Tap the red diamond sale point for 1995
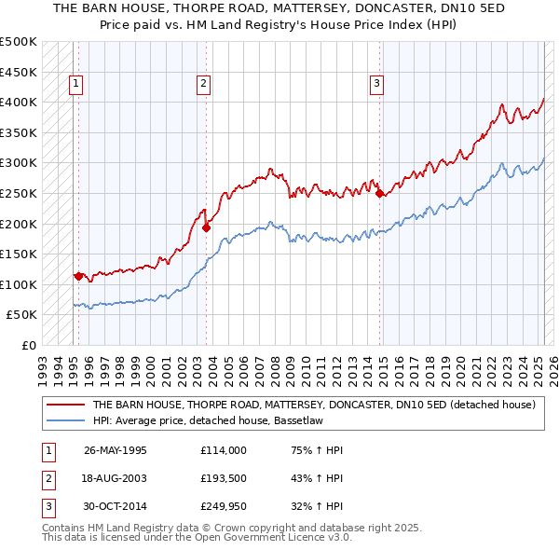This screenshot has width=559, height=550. [78, 276]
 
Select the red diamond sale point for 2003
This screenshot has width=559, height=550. [207, 227]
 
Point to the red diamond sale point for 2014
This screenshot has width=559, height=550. [380, 193]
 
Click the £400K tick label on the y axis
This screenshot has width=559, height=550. [19, 102]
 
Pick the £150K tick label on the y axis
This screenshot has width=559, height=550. [19, 254]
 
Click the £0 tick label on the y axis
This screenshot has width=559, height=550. [29, 345]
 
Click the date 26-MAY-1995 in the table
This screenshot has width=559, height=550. [116, 450]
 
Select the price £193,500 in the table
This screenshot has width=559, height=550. [223, 478]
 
